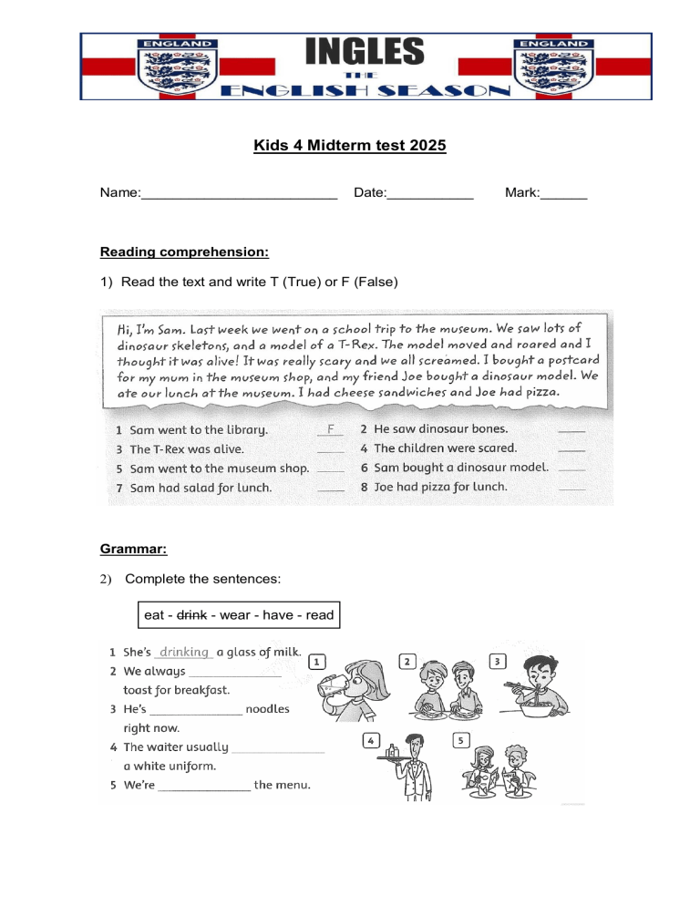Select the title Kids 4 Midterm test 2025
click(350, 146)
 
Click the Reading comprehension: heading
click(184, 252)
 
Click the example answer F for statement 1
click(331, 428)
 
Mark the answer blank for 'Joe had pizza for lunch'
click(571, 489)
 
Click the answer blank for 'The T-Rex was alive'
click(331, 449)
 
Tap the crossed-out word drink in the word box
click(191, 615)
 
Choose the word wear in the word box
click(235, 615)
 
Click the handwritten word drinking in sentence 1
click(184, 653)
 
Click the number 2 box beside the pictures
click(408, 661)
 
